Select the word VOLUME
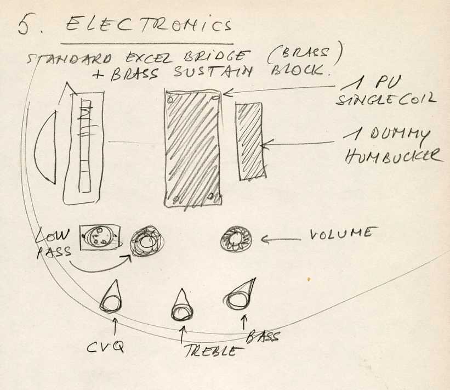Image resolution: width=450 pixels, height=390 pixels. (x=340, y=234)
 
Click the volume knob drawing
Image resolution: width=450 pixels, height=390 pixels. (x=236, y=239)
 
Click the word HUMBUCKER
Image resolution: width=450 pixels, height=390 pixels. (x=393, y=156)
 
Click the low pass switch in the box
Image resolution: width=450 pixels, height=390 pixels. (x=98, y=238)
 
